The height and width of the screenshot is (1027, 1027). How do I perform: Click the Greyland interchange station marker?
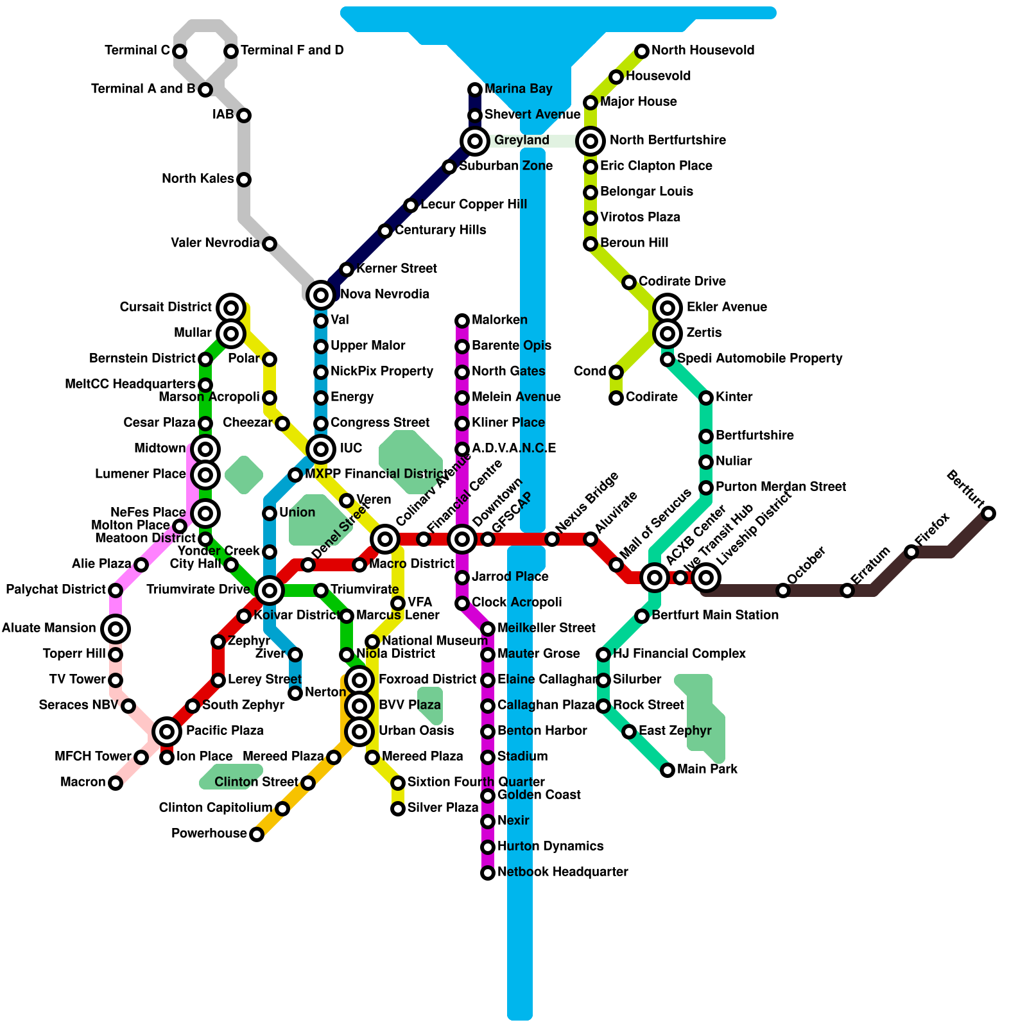475,141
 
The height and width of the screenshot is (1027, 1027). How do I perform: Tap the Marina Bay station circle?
475,89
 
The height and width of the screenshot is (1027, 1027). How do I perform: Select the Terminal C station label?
137,51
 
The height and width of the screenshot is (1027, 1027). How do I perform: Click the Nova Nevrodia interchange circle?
321,295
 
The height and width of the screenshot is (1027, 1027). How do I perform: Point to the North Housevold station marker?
642,51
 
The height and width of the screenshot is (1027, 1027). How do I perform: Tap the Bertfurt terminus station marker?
988,513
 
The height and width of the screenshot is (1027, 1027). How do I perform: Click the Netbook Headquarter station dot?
488,872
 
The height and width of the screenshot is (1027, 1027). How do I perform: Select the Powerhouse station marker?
257,834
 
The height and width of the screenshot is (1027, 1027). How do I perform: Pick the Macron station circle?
116,782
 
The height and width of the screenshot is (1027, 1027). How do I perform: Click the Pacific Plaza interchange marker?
167,730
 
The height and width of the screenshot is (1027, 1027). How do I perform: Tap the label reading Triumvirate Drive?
198,590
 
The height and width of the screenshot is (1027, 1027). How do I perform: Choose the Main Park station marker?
668,770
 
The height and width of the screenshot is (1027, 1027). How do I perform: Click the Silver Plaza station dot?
398,808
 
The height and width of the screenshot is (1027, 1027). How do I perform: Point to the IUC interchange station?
321,449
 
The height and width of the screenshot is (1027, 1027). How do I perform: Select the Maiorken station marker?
462,320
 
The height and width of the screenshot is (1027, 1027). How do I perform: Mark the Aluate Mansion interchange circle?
116,628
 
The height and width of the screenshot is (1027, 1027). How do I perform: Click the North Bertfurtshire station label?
668,141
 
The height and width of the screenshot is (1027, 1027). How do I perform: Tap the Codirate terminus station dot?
616,397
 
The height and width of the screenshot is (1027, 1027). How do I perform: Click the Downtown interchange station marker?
462,539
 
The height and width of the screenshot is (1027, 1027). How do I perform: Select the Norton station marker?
295,693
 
